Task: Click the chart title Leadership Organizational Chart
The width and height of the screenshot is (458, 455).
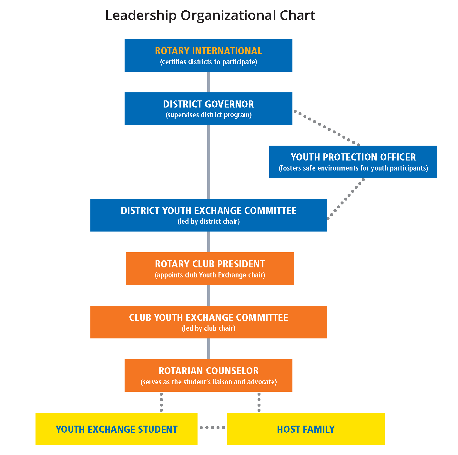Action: (x=210, y=16)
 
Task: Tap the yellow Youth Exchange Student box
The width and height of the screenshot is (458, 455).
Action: (x=116, y=429)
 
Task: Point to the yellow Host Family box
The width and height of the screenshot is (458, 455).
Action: (x=306, y=429)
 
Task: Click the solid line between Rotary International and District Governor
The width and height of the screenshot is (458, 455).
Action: (x=209, y=82)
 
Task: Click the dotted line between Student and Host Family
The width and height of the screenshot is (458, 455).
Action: (x=212, y=428)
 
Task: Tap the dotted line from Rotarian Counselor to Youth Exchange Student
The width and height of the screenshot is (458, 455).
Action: (x=161, y=402)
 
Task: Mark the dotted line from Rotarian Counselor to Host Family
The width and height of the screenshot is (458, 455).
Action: (x=259, y=402)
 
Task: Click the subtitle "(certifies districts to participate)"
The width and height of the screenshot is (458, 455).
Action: (x=209, y=62)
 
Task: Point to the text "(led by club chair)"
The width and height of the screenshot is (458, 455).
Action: (x=209, y=328)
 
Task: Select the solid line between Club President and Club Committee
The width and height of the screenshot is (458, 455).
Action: (x=209, y=295)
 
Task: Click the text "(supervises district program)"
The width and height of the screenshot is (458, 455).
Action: (x=209, y=115)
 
